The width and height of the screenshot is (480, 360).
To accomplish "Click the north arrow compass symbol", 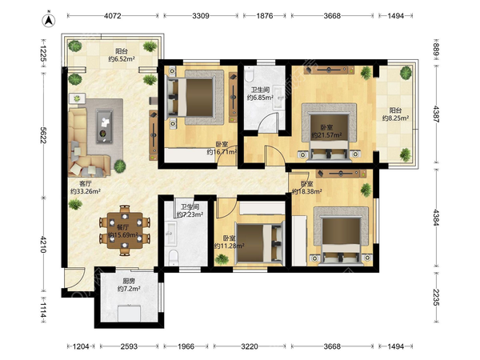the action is (x=48, y=20).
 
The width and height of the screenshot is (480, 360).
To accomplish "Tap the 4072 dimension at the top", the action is (x=113, y=16).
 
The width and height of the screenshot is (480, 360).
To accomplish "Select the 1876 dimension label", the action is (x=265, y=16).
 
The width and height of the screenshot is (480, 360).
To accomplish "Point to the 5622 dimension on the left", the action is (x=43, y=135).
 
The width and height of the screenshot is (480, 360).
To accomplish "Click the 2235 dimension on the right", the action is (x=437, y=298).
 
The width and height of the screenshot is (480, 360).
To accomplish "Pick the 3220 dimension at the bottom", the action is (x=250, y=346).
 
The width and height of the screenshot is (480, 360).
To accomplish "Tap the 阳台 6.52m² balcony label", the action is (x=122, y=55).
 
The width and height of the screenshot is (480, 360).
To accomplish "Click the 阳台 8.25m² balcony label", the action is (x=395, y=114).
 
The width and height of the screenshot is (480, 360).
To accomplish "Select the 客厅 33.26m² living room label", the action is (x=86, y=187).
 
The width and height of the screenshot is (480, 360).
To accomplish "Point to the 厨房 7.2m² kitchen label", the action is (x=129, y=285).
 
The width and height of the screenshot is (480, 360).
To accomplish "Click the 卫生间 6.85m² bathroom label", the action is (x=260, y=94).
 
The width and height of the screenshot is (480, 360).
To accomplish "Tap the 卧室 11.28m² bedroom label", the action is (x=229, y=242).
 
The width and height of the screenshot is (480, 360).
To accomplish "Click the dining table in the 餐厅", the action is (x=125, y=230).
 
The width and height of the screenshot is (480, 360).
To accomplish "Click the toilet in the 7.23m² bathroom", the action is (x=174, y=257).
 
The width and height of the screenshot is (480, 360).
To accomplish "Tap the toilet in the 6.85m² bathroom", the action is (x=249, y=74).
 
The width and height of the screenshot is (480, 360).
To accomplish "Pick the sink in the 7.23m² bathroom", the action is (x=171, y=234).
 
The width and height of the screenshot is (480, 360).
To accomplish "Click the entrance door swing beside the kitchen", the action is (x=75, y=278).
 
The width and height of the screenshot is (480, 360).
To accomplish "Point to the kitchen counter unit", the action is (x=130, y=313).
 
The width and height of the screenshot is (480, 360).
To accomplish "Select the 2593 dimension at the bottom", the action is (x=129, y=346).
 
